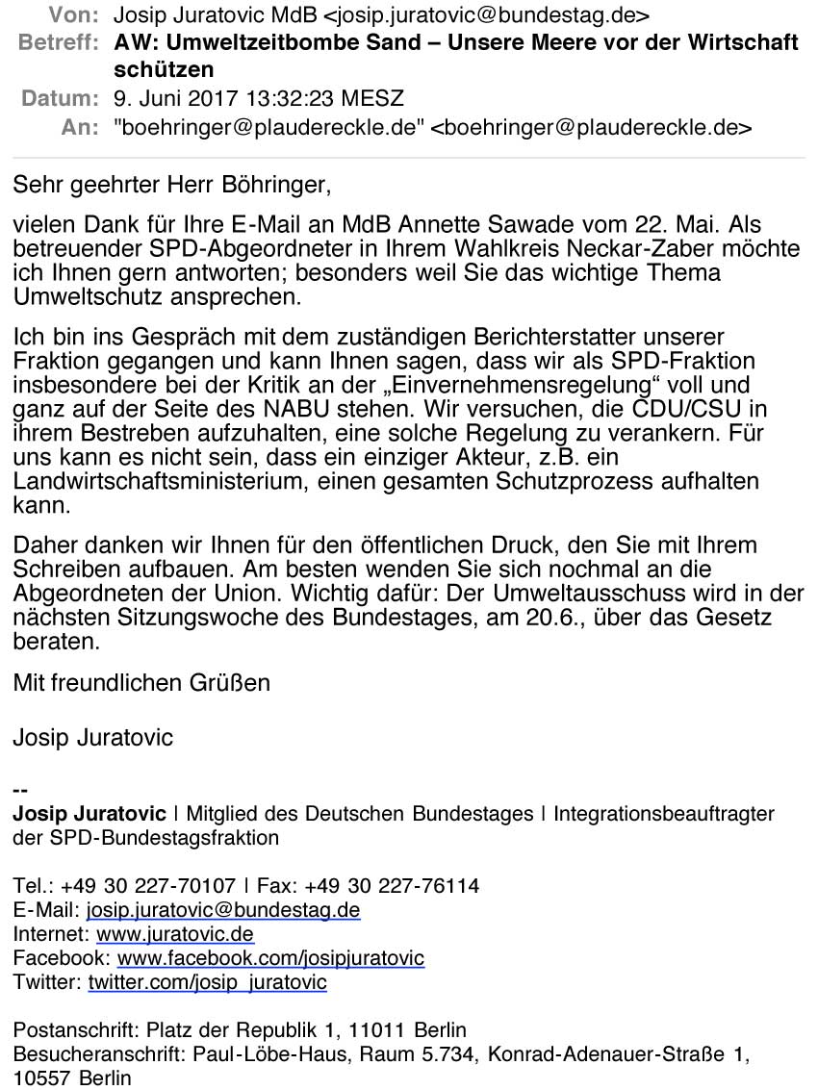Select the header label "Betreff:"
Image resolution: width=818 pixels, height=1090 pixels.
58,43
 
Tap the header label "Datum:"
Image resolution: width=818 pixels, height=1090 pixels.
60,99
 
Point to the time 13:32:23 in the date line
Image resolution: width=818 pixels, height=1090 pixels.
269,99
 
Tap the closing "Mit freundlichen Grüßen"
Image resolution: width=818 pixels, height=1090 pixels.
141,683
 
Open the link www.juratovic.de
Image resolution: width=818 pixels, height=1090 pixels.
175,934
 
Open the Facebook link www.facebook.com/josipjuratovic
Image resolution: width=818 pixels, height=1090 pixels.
270,958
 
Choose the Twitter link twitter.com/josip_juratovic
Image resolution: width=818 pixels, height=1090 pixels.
207,982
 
